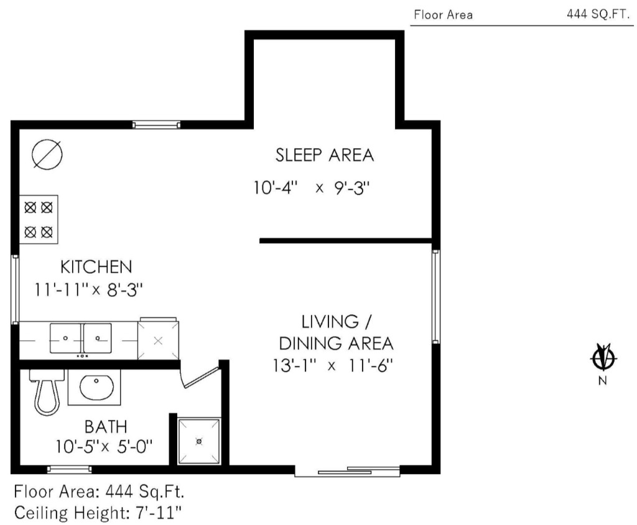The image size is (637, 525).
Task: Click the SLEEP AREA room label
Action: pyautogui.click(x=325, y=156)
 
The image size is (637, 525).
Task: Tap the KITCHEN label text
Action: pyautogui.click(x=96, y=267)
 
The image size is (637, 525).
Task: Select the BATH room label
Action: pyautogui.click(x=106, y=427)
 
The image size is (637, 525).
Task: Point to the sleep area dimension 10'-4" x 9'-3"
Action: pyautogui.click(x=312, y=188)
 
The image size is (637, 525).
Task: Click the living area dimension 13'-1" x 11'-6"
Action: pyautogui.click(x=333, y=365)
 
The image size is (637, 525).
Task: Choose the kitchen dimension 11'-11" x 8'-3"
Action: pyautogui.click(x=88, y=290)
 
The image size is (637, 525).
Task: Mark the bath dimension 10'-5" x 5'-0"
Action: pyautogui.click(x=104, y=447)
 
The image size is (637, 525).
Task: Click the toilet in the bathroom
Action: pyautogui.click(x=47, y=392)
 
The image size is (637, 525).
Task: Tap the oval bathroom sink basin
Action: pyautogui.click(x=96, y=388)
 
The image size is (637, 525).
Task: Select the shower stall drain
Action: pyautogui.click(x=199, y=441)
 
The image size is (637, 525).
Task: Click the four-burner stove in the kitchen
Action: pyautogui.click(x=39, y=220)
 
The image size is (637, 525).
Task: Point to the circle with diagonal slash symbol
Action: pyautogui.click(x=47, y=155)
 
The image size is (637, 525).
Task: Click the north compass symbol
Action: pyautogui.click(x=603, y=358)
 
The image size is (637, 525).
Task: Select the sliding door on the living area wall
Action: pyautogui.click(x=347, y=472)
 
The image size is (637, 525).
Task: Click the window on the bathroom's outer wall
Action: pyautogui.click(x=70, y=470)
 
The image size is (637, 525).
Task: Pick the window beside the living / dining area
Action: pyautogui.click(x=435, y=297)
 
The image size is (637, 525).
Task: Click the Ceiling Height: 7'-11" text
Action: pyautogui.click(x=98, y=513)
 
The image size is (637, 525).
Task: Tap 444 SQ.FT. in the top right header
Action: pyautogui.click(x=598, y=14)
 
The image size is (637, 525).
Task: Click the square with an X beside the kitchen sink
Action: pyautogui.click(x=159, y=340)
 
